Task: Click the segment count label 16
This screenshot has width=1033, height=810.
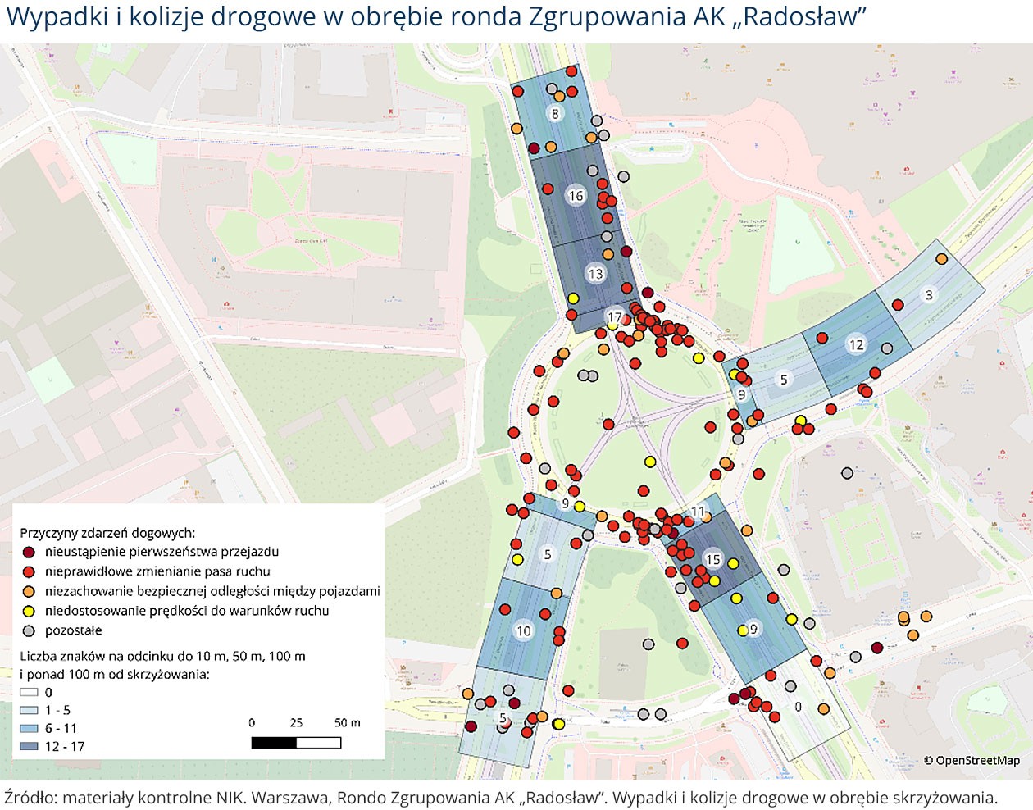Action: pyautogui.click(x=576, y=196)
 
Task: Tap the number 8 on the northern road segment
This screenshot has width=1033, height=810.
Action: pyautogui.click(x=555, y=114)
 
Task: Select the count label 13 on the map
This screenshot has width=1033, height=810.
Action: pyautogui.click(x=595, y=274)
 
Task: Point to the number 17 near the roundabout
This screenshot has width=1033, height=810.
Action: pyautogui.click(x=614, y=317)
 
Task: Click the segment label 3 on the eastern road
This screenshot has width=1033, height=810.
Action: pyautogui.click(x=928, y=295)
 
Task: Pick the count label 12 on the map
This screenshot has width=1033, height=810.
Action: pyautogui.click(x=856, y=345)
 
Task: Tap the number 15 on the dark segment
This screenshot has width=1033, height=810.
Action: pyautogui.click(x=712, y=560)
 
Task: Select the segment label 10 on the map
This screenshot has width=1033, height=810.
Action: pyautogui.click(x=523, y=630)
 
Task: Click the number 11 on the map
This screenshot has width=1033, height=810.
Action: pyautogui.click(x=697, y=512)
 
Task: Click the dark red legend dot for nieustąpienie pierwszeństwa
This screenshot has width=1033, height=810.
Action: pyautogui.click(x=29, y=552)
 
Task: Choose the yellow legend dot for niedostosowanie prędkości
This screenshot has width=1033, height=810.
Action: pyautogui.click(x=29, y=611)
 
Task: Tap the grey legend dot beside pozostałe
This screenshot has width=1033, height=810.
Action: pyautogui.click(x=29, y=630)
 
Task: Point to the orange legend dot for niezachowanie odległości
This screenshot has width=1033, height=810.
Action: pyautogui.click(x=29, y=591)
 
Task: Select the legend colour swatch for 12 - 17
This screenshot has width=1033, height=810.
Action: pyautogui.click(x=29, y=746)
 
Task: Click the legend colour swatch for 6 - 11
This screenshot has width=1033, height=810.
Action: pyautogui.click(x=29, y=728)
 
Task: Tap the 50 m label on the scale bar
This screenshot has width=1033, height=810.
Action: pyautogui.click(x=347, y=722)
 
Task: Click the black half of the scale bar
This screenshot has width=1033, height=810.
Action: pyautogui.click(x=274, y=743)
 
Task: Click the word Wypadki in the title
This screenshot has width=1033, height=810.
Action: pyautogui.click(x=57, y=16)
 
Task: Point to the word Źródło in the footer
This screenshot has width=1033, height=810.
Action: pyautogui.click(x=29, y=797)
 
